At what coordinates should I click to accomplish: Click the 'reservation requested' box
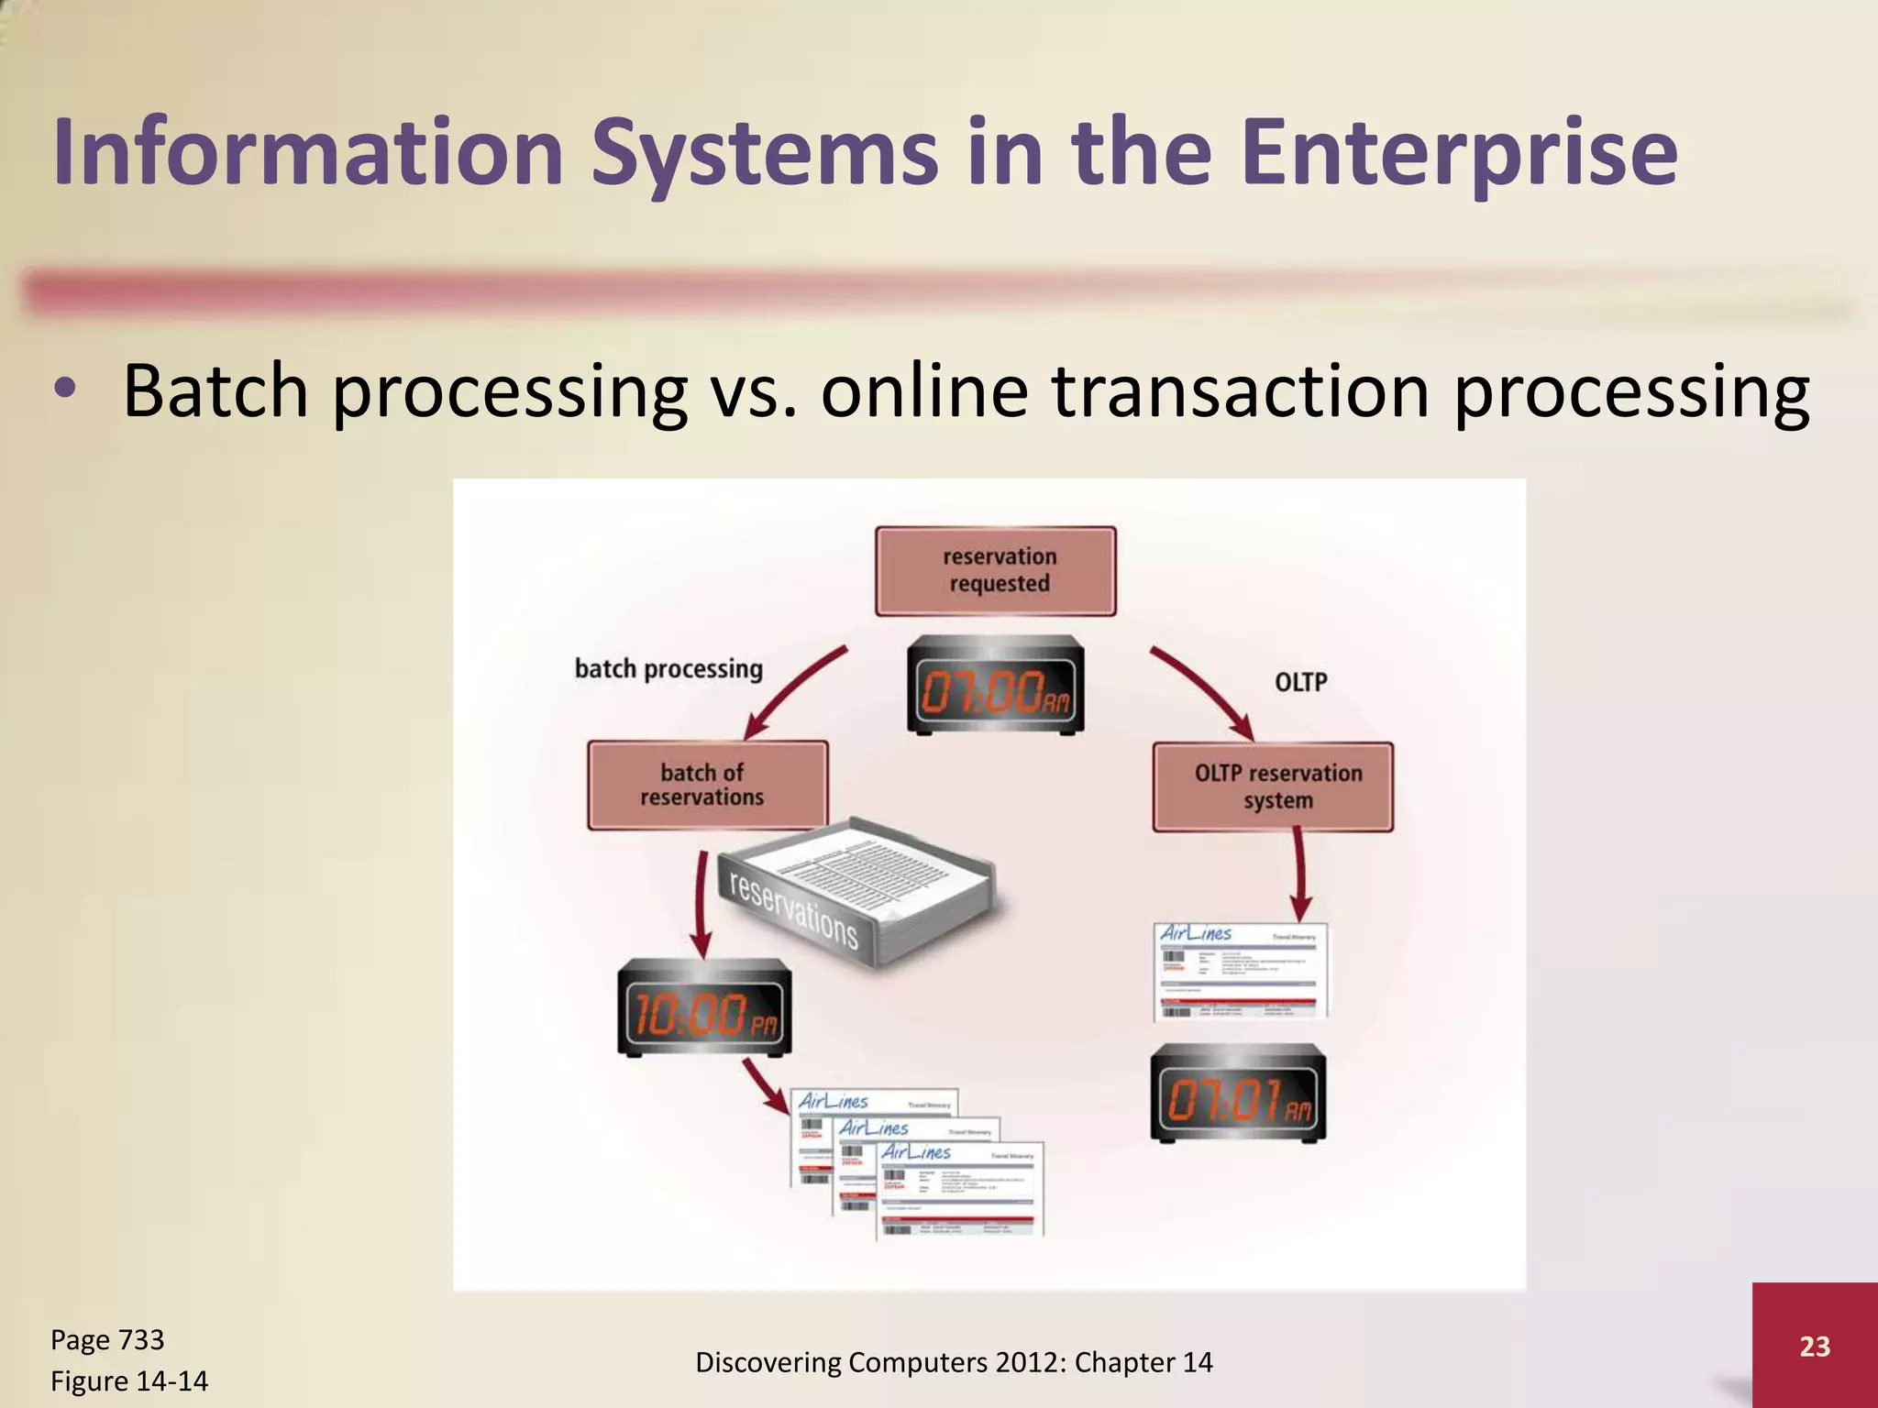[996, 570]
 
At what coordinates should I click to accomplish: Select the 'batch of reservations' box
[707, 786]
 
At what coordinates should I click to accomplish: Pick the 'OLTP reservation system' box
[1273, 786]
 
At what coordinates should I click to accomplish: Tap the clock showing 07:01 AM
[1238, 1094]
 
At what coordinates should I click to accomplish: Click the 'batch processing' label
[668, 669]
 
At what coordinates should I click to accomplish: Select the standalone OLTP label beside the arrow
[1300, 682]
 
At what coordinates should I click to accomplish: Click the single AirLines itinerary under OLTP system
[1240, 972]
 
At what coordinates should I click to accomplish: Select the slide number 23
[1814, 1347]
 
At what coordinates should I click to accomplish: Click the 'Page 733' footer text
[107, 1340]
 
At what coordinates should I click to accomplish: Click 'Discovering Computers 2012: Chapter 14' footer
[954, 1363]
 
